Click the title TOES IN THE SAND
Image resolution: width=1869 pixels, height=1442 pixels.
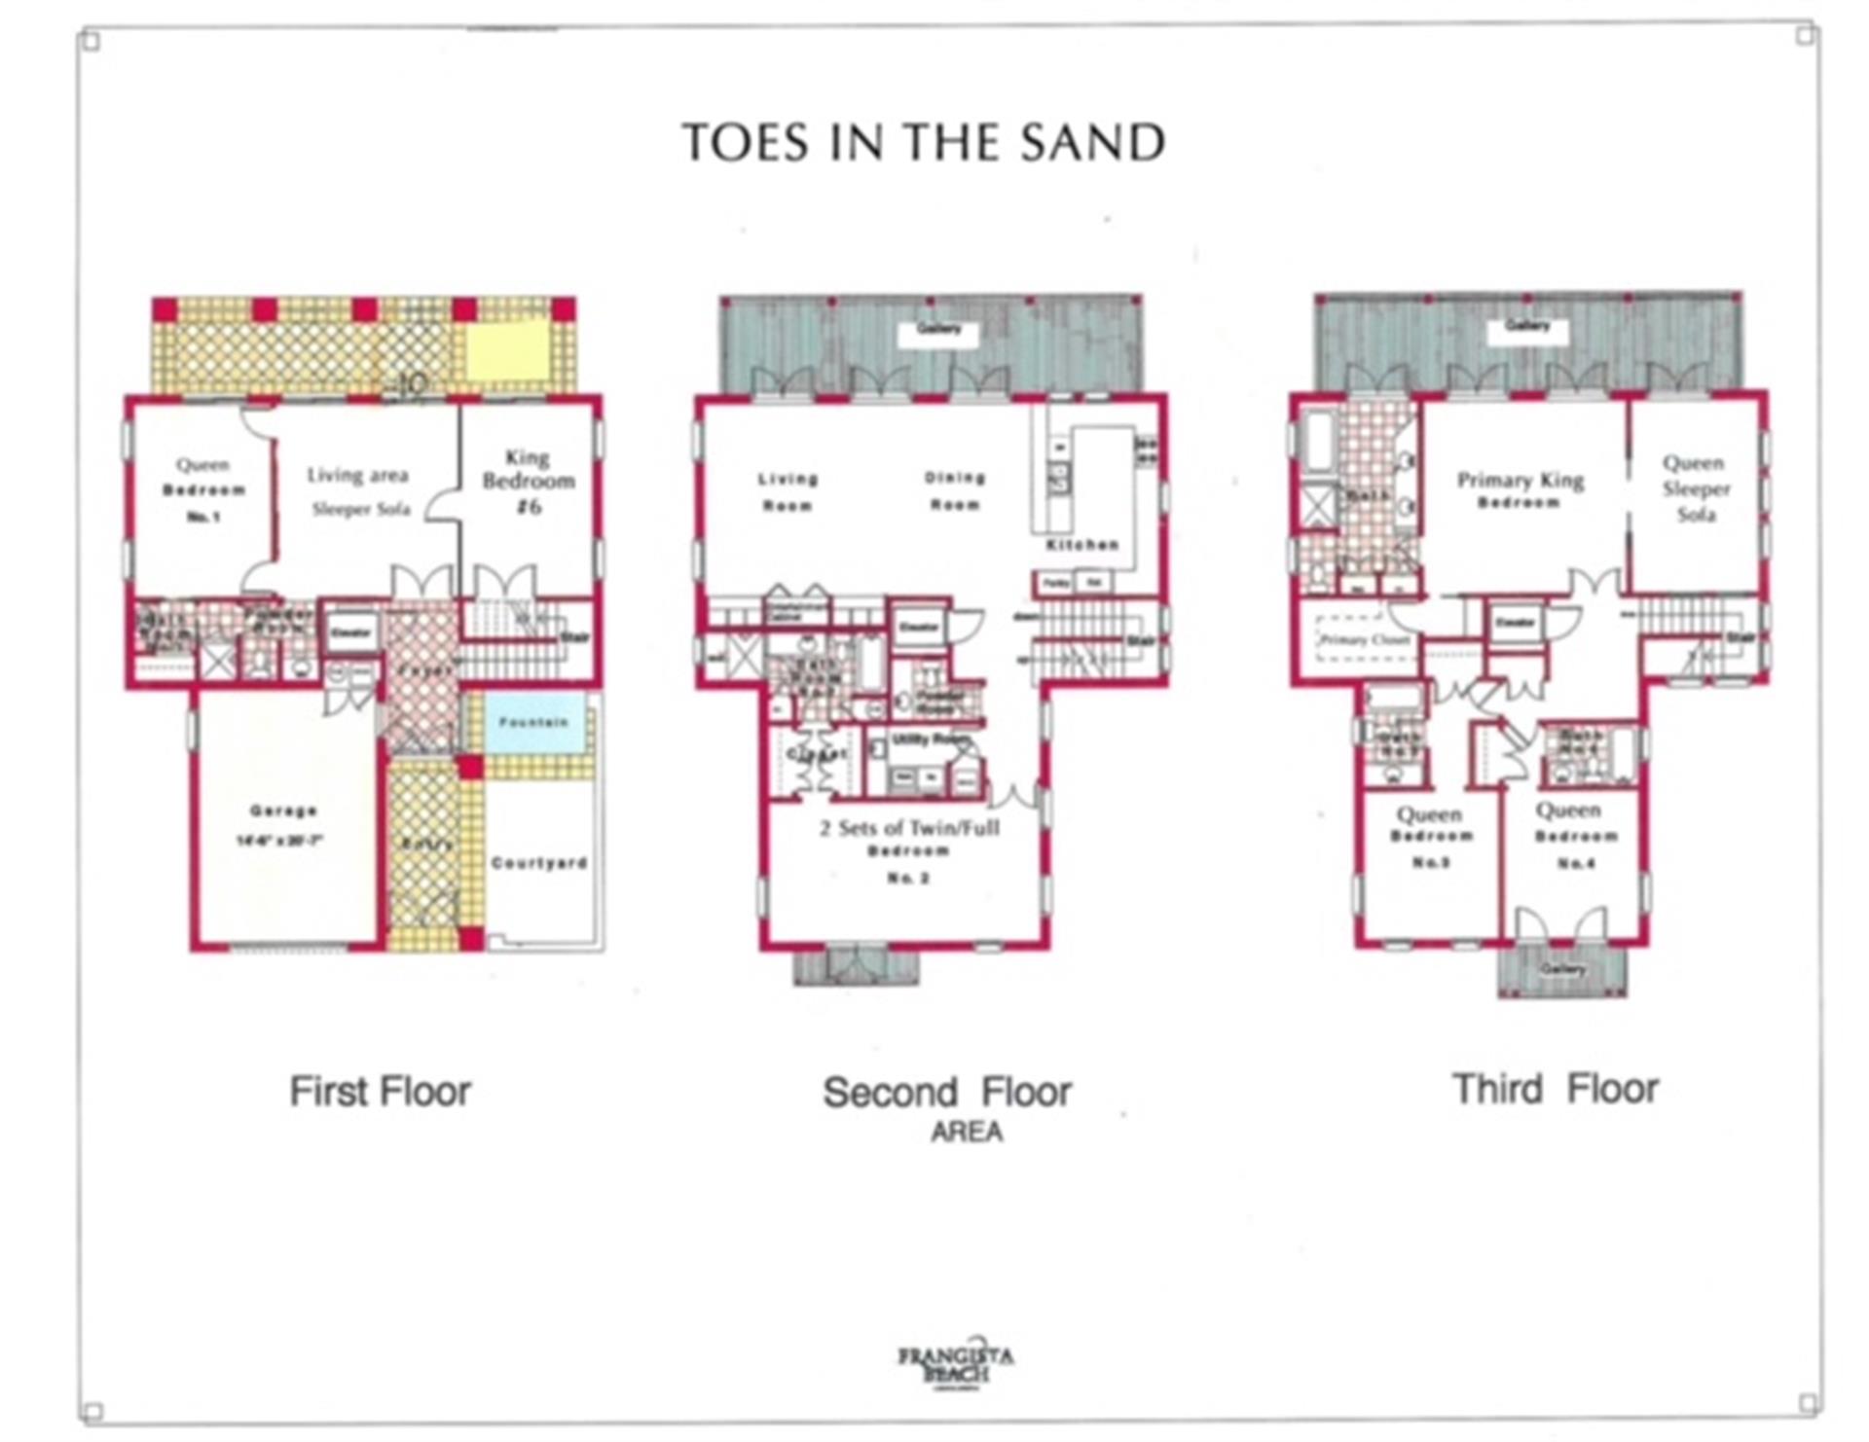pyautogui.click(x=923, y=143)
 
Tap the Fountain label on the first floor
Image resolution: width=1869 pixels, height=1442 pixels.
pyautogui.click(x=532, y=722)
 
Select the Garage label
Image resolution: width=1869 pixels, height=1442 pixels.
pyautogui.click(x=283, y=811)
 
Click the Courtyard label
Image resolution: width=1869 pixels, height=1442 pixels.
pyautogui.click(x=539, y=862)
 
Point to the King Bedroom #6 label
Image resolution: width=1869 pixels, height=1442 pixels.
pyautogui.click(x=529, y=481)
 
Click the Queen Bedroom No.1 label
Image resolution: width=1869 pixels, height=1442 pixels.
pyautogui.click(x=203, y=489)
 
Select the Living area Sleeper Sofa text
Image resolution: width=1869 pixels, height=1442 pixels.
pyautogui.click(x=359, y=491)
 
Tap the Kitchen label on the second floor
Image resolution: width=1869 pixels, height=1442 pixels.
pyautogui.click(x=1082, y=544)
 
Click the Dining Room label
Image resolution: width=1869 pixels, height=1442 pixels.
pyautogui.click(x=955, y=491)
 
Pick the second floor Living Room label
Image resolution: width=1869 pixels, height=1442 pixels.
pyautogui.click(x=788, y=491)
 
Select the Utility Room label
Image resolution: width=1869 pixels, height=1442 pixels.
pyautogui.click(x=932, y=739)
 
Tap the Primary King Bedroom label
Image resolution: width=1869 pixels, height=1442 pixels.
pyautogui.click(x=1520, y=489)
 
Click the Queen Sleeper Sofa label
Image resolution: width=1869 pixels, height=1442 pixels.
pyautogui.click(x=1695, y=488)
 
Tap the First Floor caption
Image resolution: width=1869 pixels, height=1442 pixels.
pyautogui.click(x=380, y=1091)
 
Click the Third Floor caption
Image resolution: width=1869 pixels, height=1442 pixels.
pyautogui.click(x=1555, y=1089)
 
